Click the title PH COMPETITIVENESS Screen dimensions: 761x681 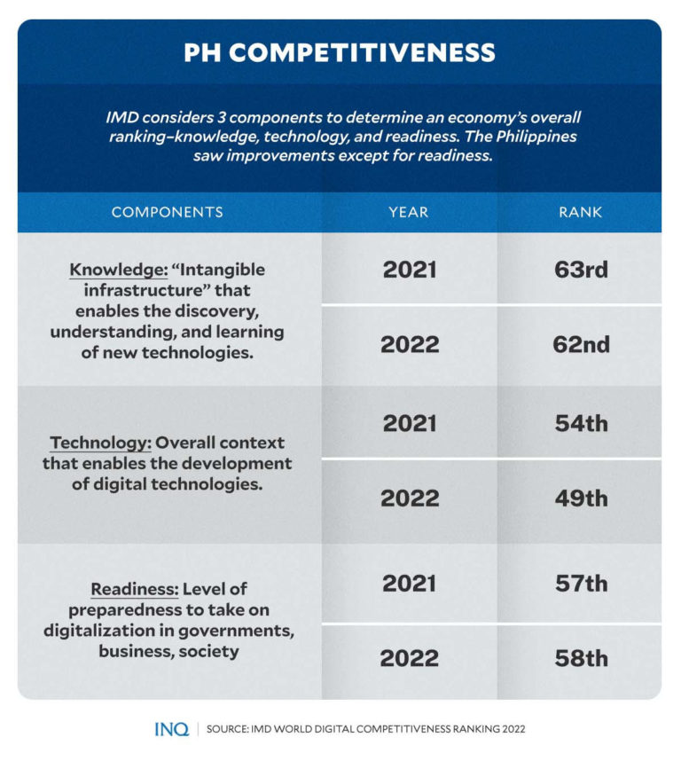coord(339,52)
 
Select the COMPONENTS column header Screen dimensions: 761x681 coord(167,212)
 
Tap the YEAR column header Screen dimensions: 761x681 coord(409,212)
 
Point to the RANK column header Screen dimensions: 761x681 coord(581,212)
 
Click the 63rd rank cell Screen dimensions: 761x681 coord(581,270)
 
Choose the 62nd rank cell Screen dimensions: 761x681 coord(581,344)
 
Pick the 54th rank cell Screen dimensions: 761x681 coord(581,423)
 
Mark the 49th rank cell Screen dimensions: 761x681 coord(581,498)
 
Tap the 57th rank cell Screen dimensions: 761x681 coord(581,583)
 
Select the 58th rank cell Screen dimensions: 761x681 coord(581,658)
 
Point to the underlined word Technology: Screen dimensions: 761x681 coord(105,443)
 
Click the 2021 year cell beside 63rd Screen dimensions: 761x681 coord(410,270)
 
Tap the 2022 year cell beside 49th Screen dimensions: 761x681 coord(410,498)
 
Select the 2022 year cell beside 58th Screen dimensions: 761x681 coord(410,658)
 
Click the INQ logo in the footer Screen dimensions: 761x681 coord(171,729)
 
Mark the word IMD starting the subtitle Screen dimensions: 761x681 coord(123,117)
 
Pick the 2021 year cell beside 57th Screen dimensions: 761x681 coord(410,583)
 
